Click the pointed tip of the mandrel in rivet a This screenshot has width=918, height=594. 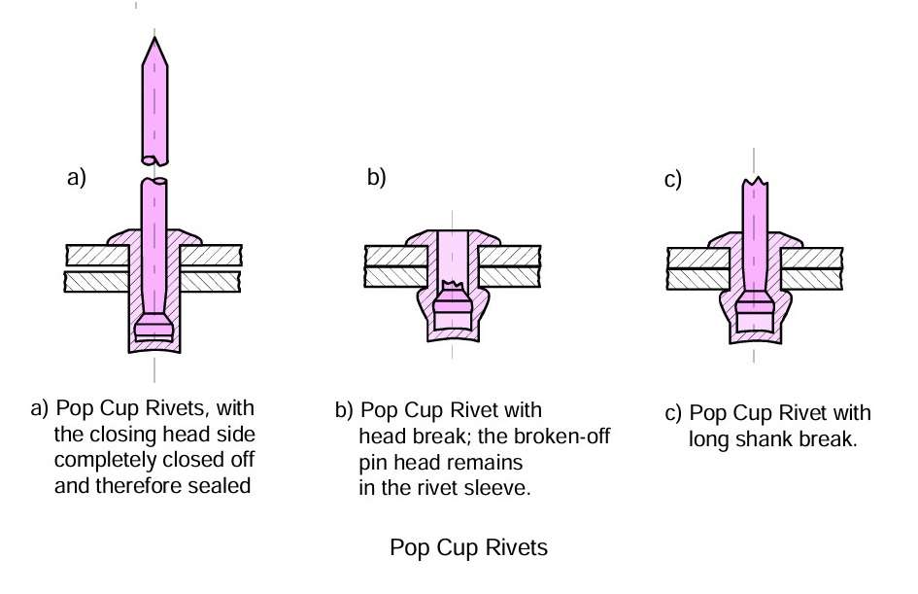pos(154,38)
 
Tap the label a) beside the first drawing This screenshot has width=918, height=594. pos(77,177)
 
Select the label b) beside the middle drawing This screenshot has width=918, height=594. pos(377,177)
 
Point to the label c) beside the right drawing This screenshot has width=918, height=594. pos(673,179)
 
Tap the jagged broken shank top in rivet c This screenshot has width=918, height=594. pos(755,181)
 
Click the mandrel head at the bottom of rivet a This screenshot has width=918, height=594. pos(154,328)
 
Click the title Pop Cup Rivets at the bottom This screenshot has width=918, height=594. pos(469,547)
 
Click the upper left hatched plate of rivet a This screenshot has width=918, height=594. pos(97,256)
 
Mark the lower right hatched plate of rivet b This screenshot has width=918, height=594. pos(509,277)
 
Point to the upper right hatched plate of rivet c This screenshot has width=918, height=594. pos(812,259)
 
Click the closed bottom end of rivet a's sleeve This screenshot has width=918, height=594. pos(154,346)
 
